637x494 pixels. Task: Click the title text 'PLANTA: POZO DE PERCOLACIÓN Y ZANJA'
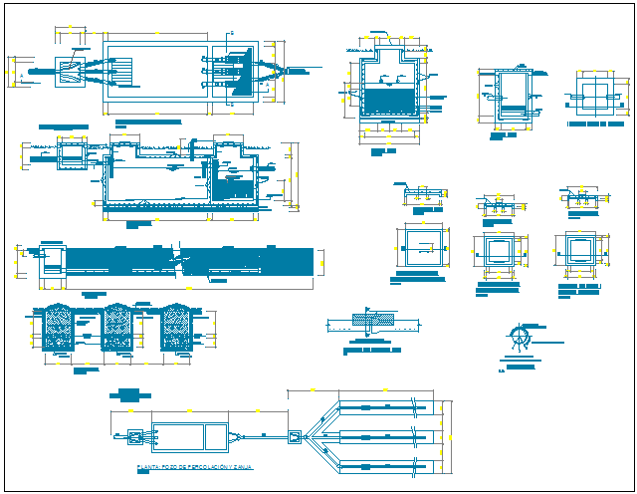point(195,467)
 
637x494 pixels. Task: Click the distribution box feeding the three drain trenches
point(295,435)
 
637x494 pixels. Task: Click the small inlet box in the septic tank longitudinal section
point(72,154)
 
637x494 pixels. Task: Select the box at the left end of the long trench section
point(52,261)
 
